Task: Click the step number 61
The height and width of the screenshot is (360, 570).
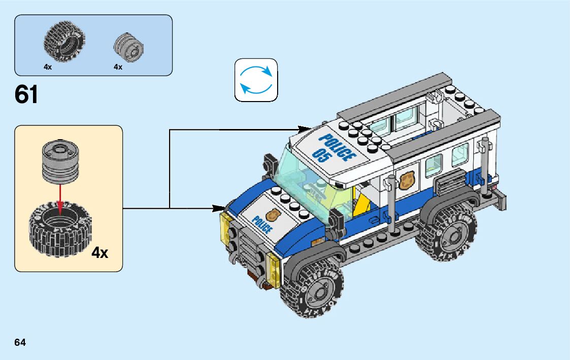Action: coord(27,94)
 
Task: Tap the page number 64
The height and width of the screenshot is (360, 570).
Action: coord(20,342)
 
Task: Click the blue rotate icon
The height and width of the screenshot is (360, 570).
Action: coord(256,80)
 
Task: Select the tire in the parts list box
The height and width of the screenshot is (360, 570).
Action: coord(63,42)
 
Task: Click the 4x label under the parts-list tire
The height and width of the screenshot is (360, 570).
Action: coord(48,67)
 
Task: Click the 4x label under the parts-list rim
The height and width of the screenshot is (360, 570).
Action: coord(118,67)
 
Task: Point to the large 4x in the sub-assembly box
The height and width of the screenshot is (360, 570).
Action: coord(100,252)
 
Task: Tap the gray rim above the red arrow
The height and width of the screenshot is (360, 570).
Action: coord(60,162)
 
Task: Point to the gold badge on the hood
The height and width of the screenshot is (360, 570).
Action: coord(273,214)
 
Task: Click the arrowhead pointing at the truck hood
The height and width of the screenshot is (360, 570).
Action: coord(219,208)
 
